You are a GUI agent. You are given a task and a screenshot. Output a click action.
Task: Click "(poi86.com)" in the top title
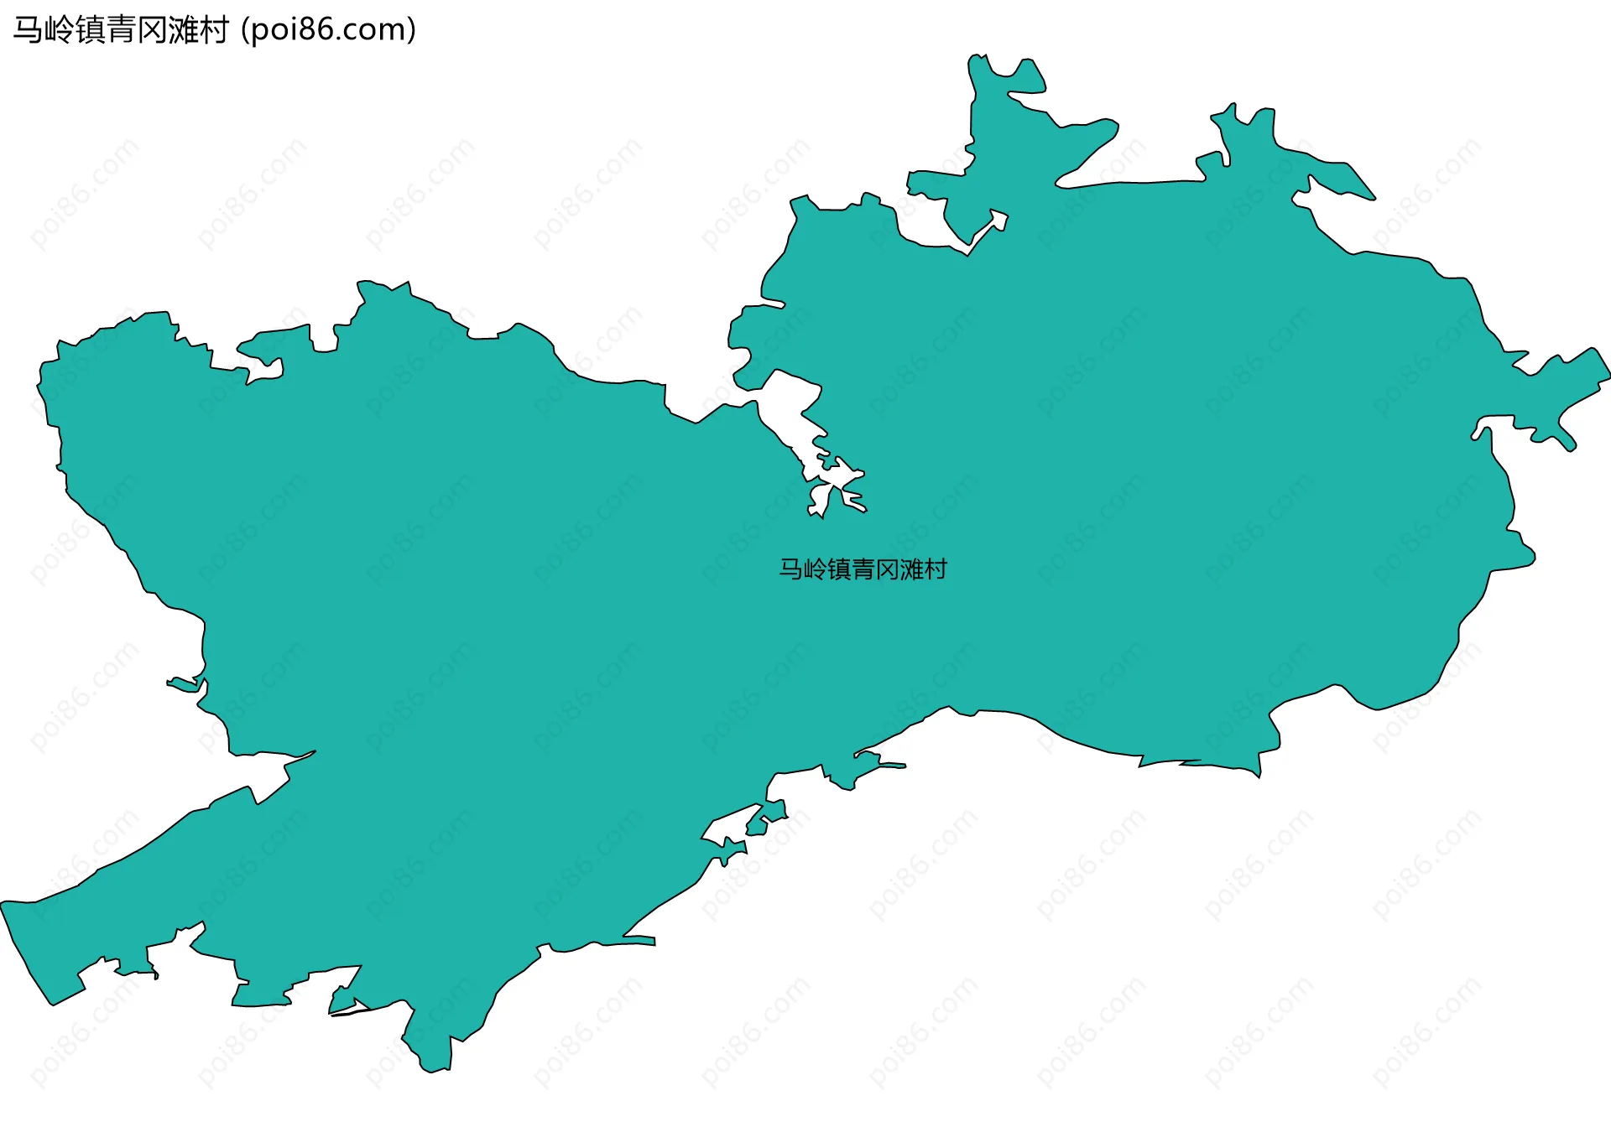click(x=329, y=30)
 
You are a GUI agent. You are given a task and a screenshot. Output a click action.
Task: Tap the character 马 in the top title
click(x=28, y=30)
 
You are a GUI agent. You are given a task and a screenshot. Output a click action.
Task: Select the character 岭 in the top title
click(x=59, y=30)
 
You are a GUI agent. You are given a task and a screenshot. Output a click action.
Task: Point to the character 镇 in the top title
click(x=90, y=30)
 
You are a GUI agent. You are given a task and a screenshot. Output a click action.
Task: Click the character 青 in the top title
click(x=121, y=30)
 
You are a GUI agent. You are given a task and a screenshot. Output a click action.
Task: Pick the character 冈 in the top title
click(x=152, y=30)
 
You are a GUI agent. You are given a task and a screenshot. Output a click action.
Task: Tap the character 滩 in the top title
click(x=183, y=30)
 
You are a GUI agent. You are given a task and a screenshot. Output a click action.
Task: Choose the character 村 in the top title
click(x=214, y=30)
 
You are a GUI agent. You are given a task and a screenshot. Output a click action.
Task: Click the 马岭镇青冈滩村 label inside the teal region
click(x=863, y=569)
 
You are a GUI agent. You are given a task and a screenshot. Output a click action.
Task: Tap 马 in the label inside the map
click(x=791, y=569)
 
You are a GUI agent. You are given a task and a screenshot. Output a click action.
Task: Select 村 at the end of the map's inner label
click(x=936, y=569)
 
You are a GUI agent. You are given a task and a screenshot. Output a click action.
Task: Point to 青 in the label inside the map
click(x=863, y=569)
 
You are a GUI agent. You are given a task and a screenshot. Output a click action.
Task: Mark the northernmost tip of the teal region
click(x=976, y=57)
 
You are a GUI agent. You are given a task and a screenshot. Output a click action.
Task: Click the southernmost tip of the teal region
click(x=434, y=1070)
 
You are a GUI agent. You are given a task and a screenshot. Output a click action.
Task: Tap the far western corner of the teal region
click(x=4, y=904)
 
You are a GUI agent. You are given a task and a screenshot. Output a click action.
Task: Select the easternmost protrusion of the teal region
click(x=1605, y=369)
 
